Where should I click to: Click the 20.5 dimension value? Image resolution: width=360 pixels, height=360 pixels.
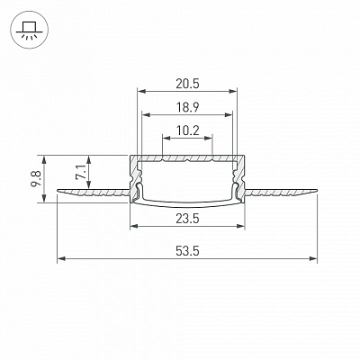pos(187,84)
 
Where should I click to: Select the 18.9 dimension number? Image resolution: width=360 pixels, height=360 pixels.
pos(187,107)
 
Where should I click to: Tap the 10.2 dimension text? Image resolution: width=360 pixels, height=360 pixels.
pos(187,130)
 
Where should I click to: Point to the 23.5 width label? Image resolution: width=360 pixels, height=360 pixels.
pos(187,219)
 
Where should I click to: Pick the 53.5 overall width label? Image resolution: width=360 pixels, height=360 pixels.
pos(187,251)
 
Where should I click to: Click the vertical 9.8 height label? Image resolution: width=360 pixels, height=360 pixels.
pos(36,179)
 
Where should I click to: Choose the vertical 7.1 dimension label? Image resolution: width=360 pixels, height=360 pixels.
pos(81,172)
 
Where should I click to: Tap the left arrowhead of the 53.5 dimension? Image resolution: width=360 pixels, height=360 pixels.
pos(61,258)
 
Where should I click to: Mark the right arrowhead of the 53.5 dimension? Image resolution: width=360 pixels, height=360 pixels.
pos(313,258)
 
